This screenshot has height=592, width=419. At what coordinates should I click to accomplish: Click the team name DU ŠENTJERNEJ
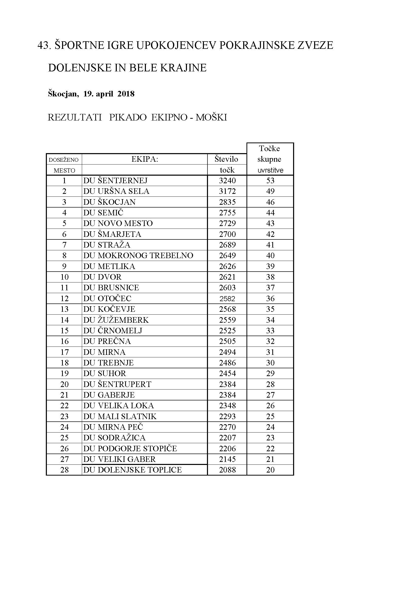tap(115, 180)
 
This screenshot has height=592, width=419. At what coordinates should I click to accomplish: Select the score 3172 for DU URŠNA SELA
tap(227, 191)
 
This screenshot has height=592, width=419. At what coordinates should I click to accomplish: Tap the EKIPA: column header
tap(144, 159)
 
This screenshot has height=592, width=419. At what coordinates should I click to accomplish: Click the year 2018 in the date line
tap(126, 94)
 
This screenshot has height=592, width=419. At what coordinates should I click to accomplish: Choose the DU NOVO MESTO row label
tap(118, 223)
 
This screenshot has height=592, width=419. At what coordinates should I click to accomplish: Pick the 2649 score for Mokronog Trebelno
tap(227, 256)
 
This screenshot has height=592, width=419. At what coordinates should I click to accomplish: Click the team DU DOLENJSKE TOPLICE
tap(132, 470)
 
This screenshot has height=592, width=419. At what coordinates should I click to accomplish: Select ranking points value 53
tap(270, 180)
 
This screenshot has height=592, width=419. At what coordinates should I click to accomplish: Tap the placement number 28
tap(64, 470)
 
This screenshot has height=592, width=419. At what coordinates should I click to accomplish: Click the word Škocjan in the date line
tap(63, 94)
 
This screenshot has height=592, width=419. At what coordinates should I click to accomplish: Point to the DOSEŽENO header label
tap(64, 160)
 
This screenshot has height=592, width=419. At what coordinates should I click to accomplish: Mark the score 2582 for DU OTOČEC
tap(227, 299)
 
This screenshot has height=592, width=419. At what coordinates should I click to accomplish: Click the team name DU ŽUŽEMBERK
tap(116, 320)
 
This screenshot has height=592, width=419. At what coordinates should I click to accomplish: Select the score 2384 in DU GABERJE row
tap(227, 395)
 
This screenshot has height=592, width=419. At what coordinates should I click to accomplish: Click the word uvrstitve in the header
tap(270, 170)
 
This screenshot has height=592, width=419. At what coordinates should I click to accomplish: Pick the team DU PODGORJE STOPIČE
tap(130, 448)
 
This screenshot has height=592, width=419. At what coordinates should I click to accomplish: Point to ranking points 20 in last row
tap(270, 470)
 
